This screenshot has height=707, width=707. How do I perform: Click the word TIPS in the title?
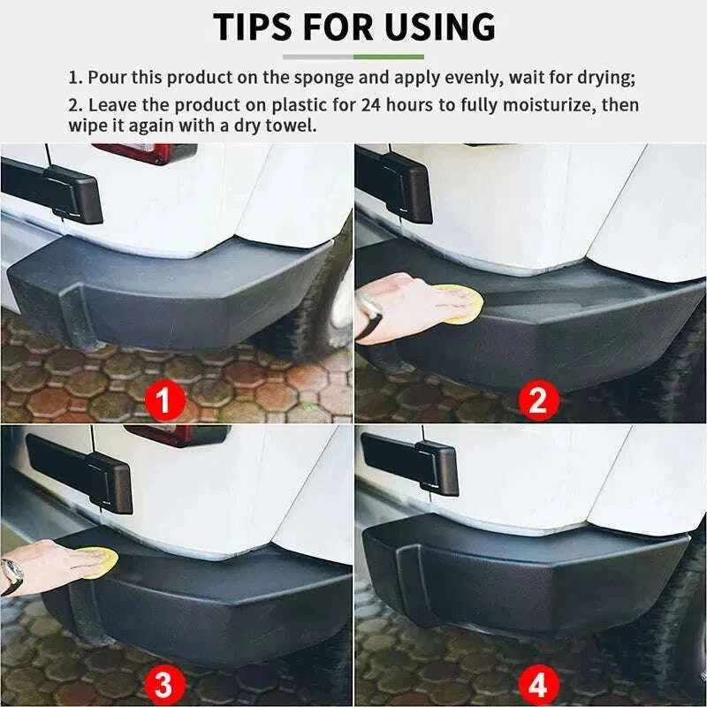coord(256,27)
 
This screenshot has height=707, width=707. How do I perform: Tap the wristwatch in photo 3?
coord(11,577)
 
